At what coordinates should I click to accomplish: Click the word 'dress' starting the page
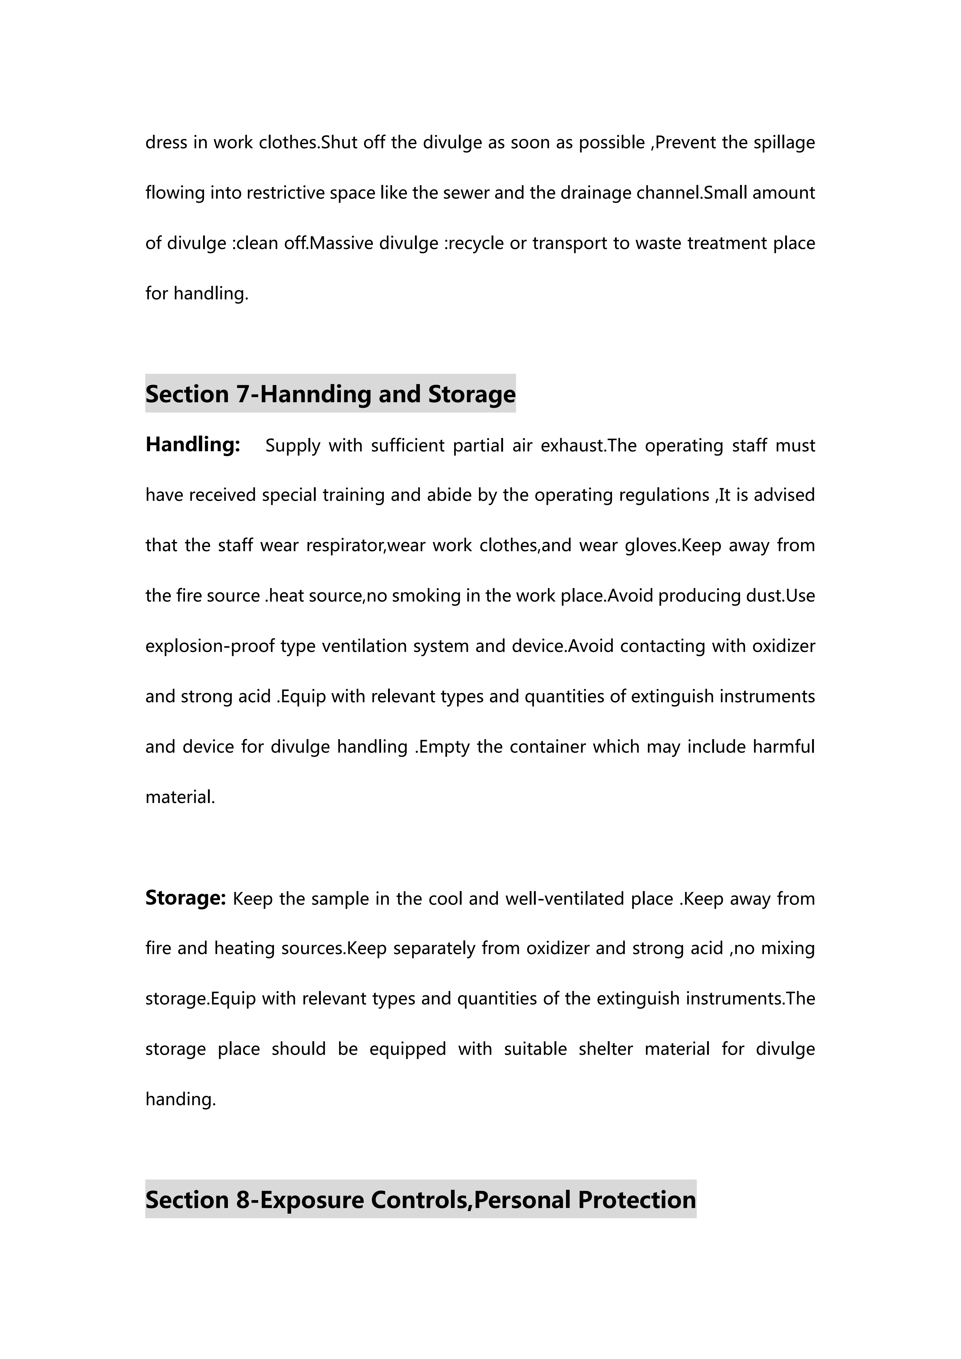pyautogui.click(x=166, y=143)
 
